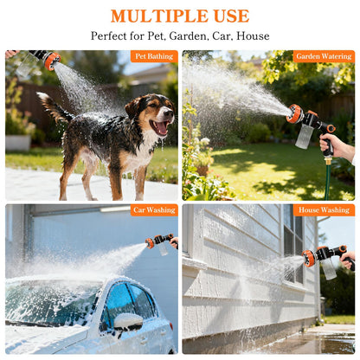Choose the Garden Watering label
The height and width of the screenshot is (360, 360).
323,56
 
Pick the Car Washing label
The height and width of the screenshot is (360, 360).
155,209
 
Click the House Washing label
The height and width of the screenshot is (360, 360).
324,209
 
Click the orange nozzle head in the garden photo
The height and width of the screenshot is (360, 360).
296,113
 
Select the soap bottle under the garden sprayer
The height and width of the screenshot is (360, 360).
305,136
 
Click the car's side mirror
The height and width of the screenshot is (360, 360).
128,321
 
